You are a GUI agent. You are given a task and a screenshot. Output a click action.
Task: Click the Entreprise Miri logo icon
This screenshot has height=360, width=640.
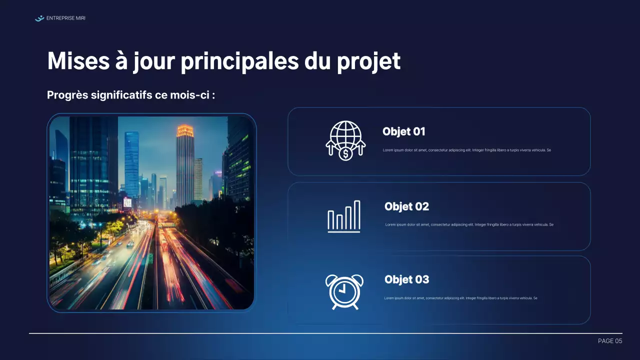click(39, 18)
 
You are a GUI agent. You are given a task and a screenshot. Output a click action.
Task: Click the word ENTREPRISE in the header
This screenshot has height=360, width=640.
click(59, 18)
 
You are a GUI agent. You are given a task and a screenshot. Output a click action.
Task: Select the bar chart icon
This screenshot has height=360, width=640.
click(344, 216)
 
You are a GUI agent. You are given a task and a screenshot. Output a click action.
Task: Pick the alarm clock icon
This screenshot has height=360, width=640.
click(344, 291)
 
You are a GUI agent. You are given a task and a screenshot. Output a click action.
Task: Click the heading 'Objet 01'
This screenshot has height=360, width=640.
click(403, 131)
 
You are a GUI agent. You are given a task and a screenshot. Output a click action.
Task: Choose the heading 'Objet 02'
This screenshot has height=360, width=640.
click(406, 206)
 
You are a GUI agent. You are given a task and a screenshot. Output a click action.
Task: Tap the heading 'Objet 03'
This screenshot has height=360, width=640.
click(406, 279)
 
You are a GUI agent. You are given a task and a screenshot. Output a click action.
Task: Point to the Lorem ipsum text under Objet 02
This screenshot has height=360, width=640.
click(469, 224)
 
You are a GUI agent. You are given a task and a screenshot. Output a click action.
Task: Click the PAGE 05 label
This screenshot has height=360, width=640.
click(610, 341)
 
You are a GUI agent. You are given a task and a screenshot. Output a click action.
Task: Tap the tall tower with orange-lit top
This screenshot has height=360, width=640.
click(185, 165)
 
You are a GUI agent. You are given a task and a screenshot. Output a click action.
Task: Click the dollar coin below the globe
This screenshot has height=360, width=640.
click(345, 154)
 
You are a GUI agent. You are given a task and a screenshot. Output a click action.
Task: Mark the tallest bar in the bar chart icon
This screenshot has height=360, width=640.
click(357, 215)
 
